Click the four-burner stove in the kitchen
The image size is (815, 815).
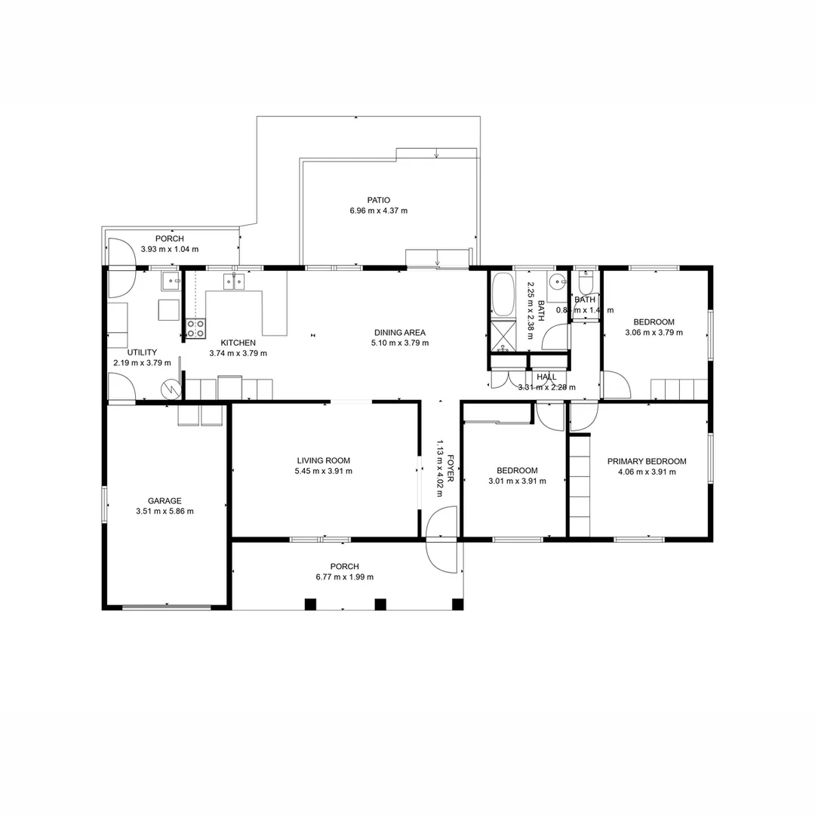195,328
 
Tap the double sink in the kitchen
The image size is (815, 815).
233,281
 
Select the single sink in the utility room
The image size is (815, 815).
171,282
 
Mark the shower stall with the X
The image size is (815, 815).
502,337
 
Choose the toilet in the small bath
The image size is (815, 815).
586,284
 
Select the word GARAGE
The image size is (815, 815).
165,500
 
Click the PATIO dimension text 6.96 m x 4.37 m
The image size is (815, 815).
379,211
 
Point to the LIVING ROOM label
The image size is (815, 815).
323,460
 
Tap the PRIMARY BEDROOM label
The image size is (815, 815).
647,462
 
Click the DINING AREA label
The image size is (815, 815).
399,332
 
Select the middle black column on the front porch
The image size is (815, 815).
380,604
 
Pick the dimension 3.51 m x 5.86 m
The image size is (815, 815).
165,511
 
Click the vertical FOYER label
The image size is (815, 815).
451,468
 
